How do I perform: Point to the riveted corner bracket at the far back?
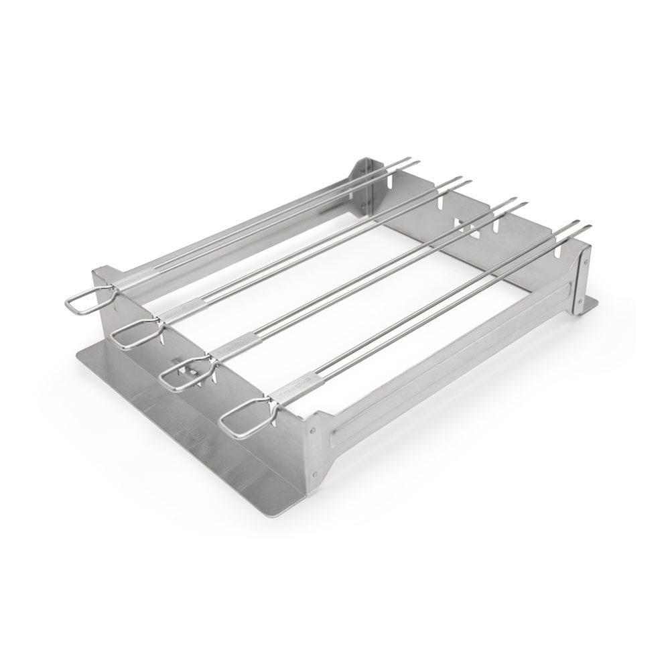tap(362, 181)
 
